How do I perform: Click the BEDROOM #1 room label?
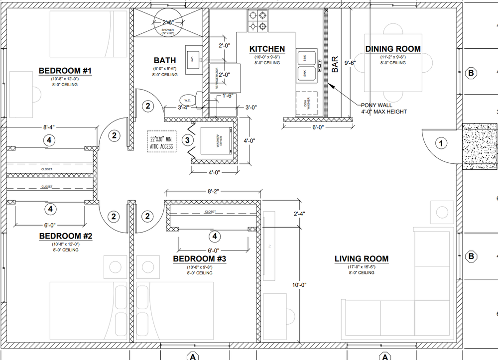(65, 71)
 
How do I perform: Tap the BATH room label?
(164, 60)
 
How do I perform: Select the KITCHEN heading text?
(267, 49)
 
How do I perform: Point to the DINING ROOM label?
(393, 49)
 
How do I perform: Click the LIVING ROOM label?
(361, 259)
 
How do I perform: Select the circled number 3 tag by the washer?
(187, 140)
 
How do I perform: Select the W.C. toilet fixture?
(189, 99)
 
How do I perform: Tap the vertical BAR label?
(335, 64)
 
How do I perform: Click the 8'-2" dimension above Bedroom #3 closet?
(214, 191)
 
